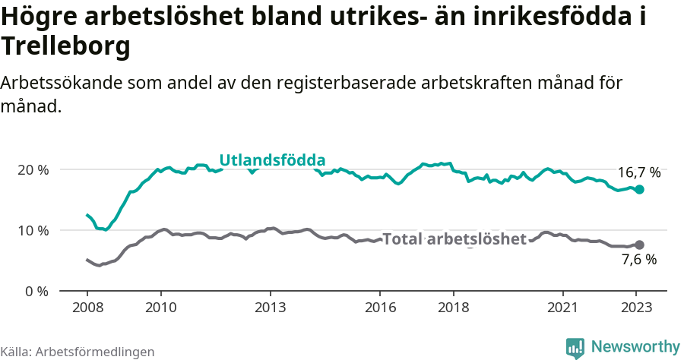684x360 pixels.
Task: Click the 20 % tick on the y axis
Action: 31,169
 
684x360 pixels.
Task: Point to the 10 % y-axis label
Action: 31,230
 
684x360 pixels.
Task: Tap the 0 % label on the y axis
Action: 35,291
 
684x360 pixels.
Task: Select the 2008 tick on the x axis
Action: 87,308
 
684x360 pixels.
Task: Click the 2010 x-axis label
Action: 160,308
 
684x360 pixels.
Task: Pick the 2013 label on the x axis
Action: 270,308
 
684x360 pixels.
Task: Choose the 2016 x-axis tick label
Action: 380,308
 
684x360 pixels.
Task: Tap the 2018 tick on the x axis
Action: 453,308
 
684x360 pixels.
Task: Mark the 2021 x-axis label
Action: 563,308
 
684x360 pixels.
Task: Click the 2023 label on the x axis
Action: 636,308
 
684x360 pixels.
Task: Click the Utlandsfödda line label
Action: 272,160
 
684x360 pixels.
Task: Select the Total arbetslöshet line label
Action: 454,239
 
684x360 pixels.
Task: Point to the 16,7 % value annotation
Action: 638,172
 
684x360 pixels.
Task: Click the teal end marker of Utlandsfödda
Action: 639,189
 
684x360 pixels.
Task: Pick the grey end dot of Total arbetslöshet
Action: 639,245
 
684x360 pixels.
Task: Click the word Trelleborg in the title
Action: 66,46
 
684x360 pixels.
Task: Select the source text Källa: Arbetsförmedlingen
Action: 78,352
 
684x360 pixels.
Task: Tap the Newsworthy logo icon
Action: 575,348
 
